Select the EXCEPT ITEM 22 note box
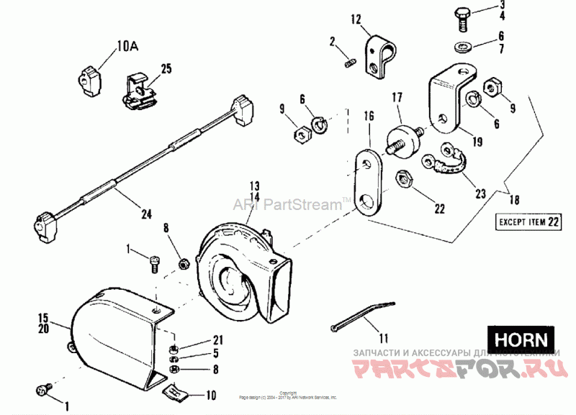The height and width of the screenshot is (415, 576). [x=528, y=222]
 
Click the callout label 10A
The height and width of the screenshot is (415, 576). [x=127, y=47]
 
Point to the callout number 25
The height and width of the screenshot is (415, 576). [x=166, y=69]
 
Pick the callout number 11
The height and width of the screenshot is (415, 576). [x=382, y=337]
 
